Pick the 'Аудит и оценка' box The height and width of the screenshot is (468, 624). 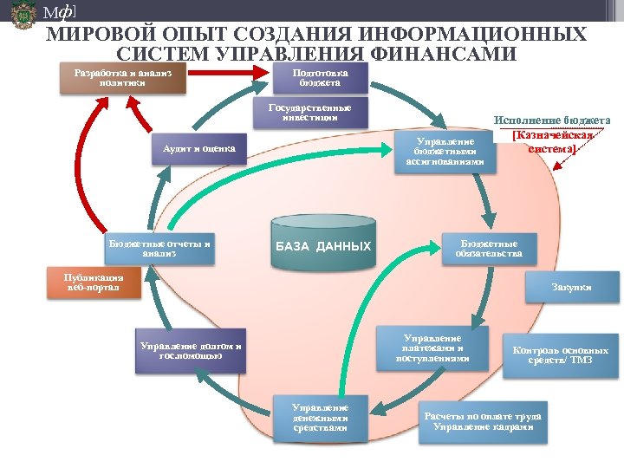pyautogui.click(x=198, y=149)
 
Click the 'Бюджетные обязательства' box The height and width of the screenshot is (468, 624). pyautogui.click(x=489, y=250)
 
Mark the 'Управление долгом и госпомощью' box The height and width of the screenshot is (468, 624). pyautogui.click(x=191, y=350)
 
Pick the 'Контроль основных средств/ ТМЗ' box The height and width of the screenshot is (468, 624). pyautogui.click(x=559, y=354)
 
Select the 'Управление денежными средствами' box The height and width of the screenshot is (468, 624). pyautogui.click(x=320, y=417)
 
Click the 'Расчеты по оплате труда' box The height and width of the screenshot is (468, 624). pyautogui.click(x=482, y=422)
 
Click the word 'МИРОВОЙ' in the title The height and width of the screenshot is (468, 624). pyautogui.click(x=85, y=36)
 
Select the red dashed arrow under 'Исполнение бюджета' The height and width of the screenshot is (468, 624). pyautogui.click(x=567, y=167)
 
